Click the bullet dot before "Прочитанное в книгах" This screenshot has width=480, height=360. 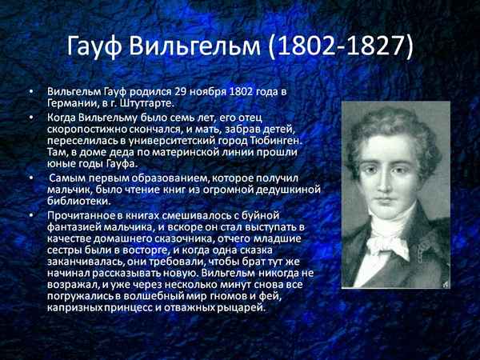click(31, 215)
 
